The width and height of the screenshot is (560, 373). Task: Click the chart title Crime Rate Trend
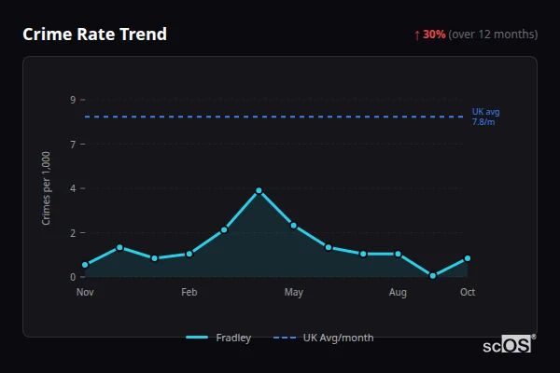pos(94,35)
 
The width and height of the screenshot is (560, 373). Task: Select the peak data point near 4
pos(259,190)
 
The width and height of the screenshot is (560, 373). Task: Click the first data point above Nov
pos(85,265)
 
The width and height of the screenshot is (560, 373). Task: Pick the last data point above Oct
pos(468,258)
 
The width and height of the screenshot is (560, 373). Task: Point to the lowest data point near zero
pos(433,276)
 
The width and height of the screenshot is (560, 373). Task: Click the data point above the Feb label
pos(189,254)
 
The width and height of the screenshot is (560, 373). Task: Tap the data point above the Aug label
pos(399,254)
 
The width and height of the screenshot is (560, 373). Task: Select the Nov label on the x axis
pos(85,293)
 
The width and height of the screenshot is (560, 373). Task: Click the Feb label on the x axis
pos(189,293)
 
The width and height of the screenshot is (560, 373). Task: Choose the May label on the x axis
pos(294,293)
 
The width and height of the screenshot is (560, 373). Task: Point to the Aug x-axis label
pos(399,293)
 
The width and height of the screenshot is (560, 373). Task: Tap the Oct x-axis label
pos(468,293)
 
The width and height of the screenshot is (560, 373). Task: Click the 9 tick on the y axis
pos(72,100)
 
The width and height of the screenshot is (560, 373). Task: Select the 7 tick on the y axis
pos(72,144)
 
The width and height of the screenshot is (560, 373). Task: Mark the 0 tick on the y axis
pos(72,277)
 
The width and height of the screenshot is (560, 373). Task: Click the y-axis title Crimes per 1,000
pos(47,187)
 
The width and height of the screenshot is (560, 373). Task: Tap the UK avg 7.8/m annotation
pos(485,117)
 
